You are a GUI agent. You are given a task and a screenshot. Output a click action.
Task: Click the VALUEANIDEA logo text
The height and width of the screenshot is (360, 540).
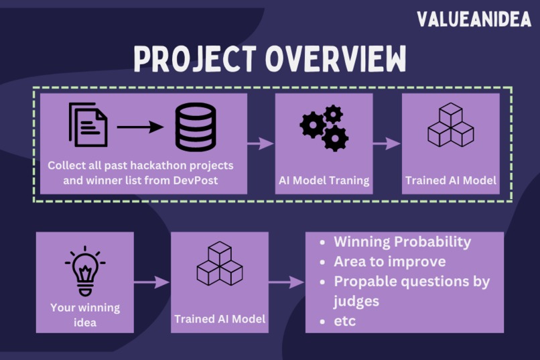pos(473,19)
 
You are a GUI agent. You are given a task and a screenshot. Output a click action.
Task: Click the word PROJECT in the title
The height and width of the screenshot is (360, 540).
pos(195,60)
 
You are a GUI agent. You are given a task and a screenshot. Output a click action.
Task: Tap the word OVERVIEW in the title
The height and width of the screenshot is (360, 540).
pos(336,60)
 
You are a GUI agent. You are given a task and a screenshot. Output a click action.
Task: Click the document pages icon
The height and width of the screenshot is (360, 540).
pos(88,124)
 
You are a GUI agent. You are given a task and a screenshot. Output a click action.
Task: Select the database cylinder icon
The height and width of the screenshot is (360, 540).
pos(196,127)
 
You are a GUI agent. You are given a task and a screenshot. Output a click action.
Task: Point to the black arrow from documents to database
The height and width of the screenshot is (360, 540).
pos(140,127)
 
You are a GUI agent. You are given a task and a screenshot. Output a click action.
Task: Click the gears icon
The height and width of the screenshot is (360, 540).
pos(324,127)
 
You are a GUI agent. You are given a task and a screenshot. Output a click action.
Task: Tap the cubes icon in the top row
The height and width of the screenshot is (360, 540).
pos(450,125)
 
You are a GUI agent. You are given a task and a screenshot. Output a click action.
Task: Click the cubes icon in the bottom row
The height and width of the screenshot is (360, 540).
pos(220,264)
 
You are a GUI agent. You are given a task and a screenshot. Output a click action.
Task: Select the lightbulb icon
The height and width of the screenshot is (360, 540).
pos(85,271)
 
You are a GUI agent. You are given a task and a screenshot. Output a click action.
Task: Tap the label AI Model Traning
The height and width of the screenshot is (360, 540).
pos(324,180)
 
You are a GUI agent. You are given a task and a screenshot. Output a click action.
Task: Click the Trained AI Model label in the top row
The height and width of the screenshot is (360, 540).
pos(450,180)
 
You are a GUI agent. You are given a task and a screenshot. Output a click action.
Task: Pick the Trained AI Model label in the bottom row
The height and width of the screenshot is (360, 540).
pos(220,319)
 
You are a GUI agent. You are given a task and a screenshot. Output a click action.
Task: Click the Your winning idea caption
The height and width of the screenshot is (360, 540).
pos(85,315)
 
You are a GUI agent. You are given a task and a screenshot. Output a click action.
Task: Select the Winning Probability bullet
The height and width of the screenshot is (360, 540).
pos(402,242)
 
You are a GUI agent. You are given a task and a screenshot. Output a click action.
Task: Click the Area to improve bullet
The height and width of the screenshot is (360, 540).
pos(389,261)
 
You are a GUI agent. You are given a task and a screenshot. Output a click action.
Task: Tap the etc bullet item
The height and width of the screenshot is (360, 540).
pos(344,321)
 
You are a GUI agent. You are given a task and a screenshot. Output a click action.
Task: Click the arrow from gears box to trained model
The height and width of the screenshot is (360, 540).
pos(387,143)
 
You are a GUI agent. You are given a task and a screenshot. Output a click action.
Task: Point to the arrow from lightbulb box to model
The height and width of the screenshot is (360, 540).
pos(152,282)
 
